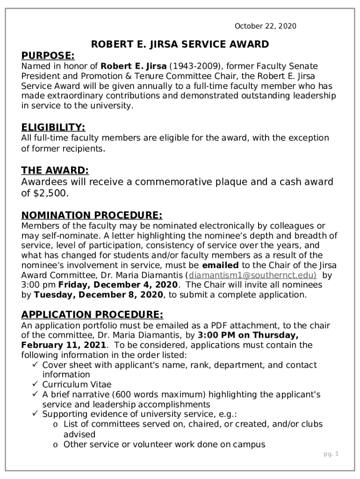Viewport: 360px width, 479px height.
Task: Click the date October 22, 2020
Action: (265, 26)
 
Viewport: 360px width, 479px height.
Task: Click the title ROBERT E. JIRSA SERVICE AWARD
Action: (180, 44)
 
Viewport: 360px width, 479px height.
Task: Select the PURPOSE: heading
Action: (48, 56)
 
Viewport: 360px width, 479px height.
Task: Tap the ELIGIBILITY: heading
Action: (53, 127)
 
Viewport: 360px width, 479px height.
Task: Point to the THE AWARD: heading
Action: (55, 170)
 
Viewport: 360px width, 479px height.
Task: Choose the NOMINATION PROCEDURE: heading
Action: (92, 215)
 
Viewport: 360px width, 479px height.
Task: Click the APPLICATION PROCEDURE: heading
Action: (92, 314)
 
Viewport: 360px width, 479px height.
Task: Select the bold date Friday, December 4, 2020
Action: (118, 285)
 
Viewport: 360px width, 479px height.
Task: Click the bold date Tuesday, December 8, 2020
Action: (99, 295)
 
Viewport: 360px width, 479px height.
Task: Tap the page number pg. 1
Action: (331, 454)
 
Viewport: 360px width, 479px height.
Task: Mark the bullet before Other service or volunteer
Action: (56, 444)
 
